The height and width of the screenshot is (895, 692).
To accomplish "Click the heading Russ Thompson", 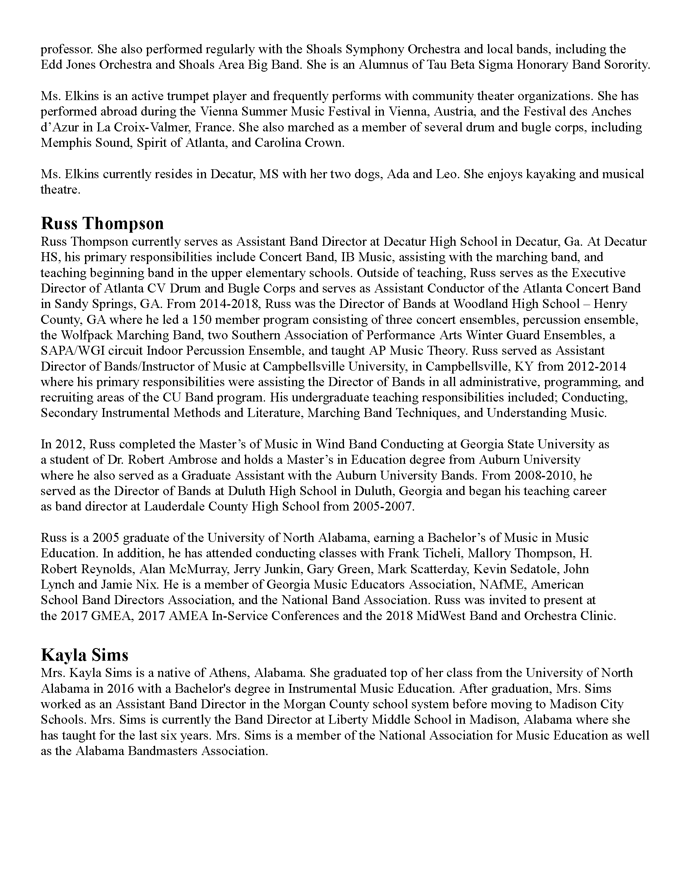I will (x=102, y=224).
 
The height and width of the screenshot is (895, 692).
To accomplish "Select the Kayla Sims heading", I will (x=84, y=655).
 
